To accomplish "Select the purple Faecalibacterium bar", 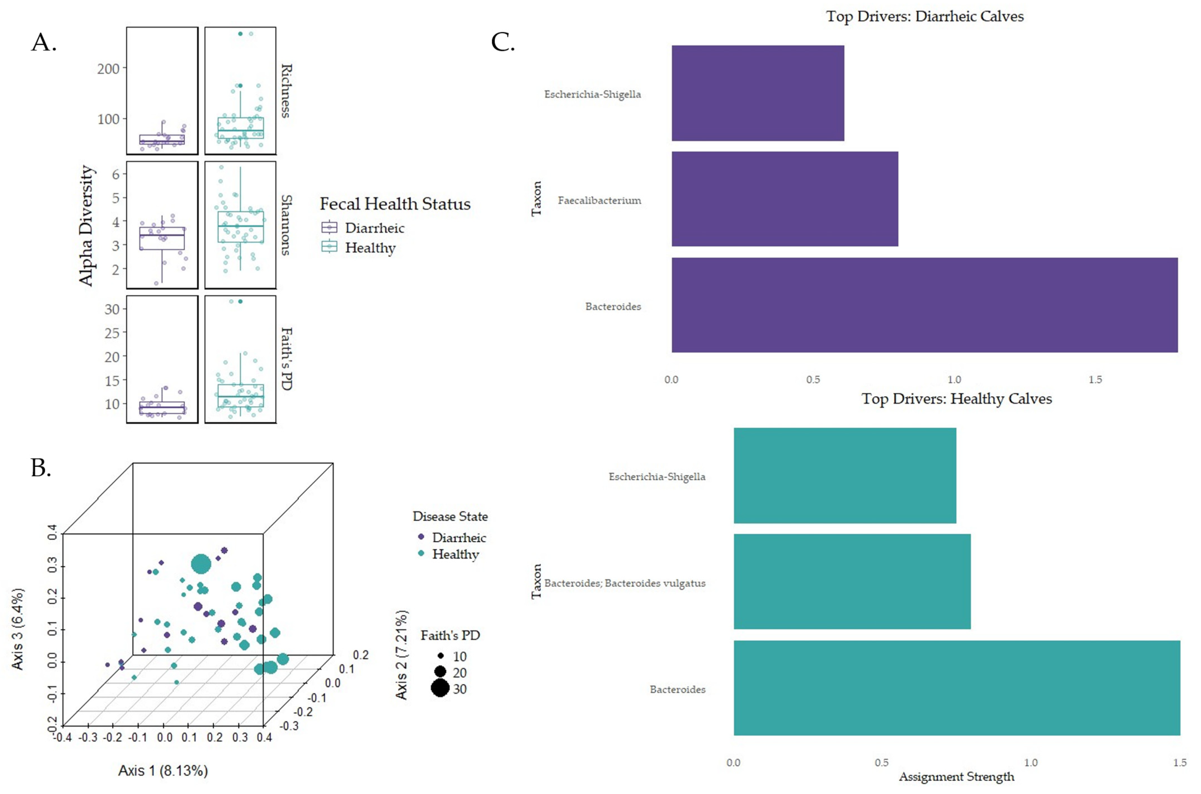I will click(785, 199).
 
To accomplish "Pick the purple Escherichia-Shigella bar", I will click(758, 93).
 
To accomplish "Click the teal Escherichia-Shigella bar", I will click(845, 475).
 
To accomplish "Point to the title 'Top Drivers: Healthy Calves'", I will click(956, 399).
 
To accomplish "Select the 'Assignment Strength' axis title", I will click(956, 777).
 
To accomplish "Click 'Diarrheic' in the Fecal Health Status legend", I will click(375, 228).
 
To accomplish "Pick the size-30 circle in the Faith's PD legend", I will click(440, 689).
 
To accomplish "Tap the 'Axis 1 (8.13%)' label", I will click(163, 771).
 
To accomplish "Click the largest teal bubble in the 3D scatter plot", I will click(201, 564).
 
